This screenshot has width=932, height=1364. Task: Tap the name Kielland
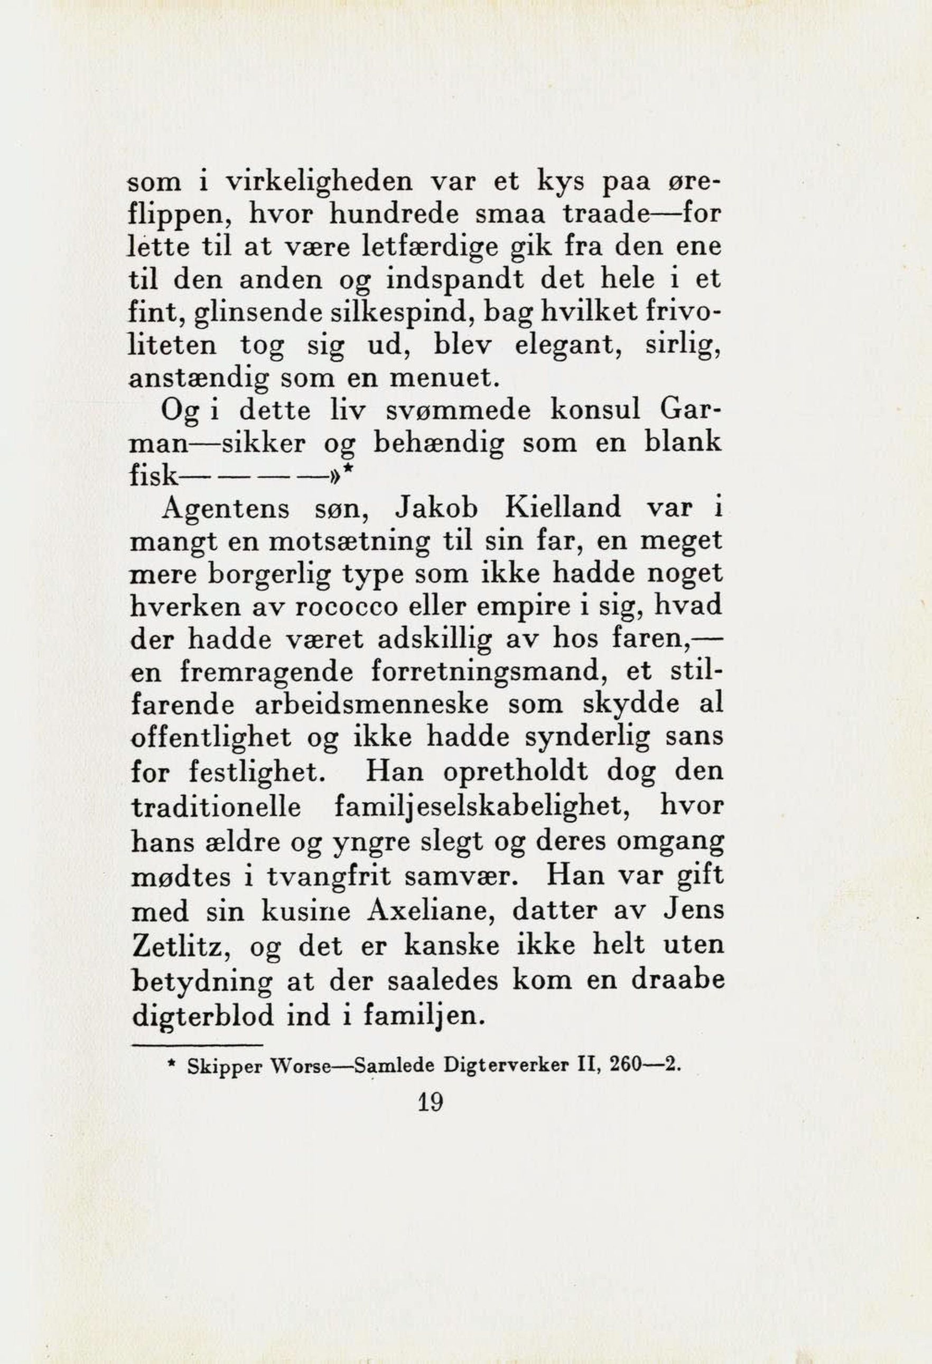pyautogui.click(x=562, y=507)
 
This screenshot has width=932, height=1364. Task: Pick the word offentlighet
pyautogui.click(x=211, y=737)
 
